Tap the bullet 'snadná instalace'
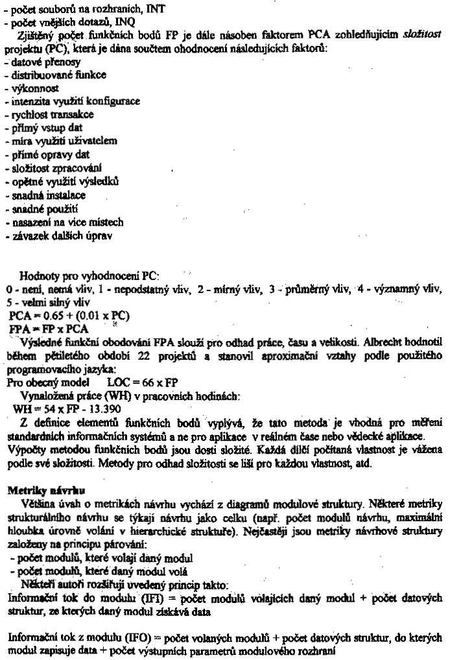(x=39, y=194)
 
